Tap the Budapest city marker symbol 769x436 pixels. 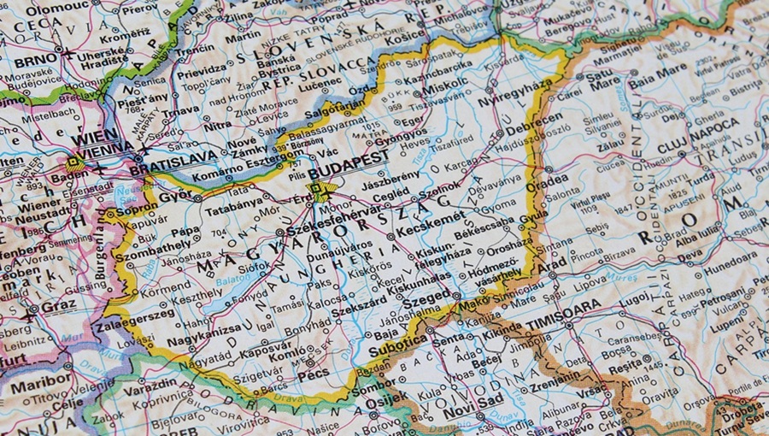(x=320, y=191)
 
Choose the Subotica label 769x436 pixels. (x=397, y=350)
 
